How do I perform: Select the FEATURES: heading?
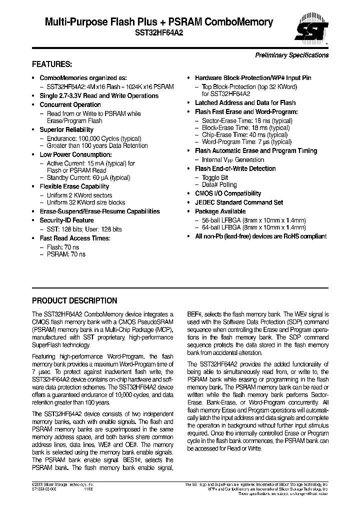click(52, 64)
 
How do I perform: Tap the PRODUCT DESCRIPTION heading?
click(74, 301)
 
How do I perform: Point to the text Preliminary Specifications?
click(292, 55)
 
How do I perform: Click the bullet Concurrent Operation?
click(70, 104)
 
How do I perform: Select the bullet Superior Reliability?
click(66, 129)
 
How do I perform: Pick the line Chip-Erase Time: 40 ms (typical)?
click(244, 135)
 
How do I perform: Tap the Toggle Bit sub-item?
click(215, 177)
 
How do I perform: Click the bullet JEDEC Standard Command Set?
click(239, 202)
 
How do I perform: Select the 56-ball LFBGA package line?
click(253, 220)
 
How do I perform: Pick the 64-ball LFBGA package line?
click(253, 227)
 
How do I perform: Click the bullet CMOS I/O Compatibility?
click(228, 193)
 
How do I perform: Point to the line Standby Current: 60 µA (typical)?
click(88, 177)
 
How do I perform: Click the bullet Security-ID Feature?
click(66, 220)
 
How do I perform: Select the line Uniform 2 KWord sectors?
click(79, 195)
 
